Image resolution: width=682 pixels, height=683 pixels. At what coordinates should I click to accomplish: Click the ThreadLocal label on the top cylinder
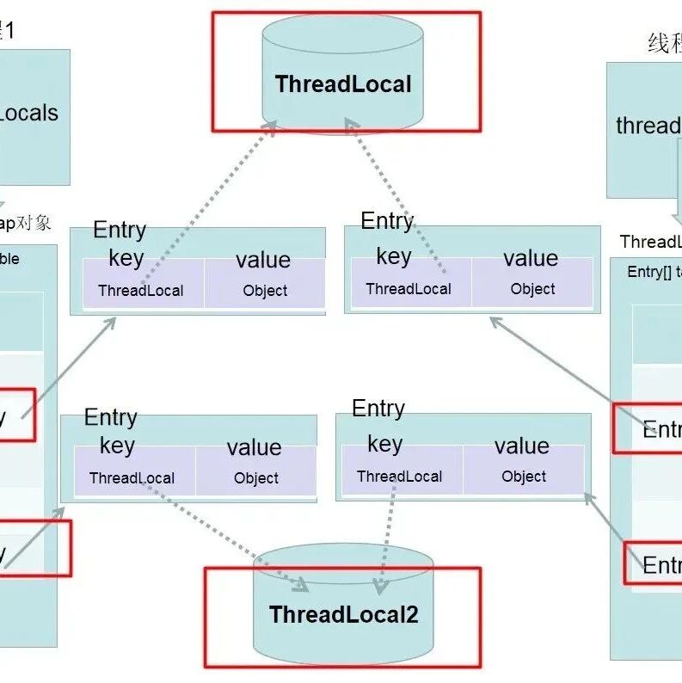coord(343,84)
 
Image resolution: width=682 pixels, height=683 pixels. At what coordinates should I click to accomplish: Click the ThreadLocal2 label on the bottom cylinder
coord(343,614)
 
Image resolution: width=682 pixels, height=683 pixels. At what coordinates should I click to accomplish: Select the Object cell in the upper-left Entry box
coord(265,291)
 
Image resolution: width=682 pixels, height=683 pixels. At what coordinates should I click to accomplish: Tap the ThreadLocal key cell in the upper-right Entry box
coord(409,289)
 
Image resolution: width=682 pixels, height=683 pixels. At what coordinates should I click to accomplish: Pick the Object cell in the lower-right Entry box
coord(524,477)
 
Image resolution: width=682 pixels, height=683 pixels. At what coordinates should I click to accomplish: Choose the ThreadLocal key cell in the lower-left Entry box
coord(132,478)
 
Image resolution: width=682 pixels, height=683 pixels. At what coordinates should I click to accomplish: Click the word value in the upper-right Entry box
coord(531,258)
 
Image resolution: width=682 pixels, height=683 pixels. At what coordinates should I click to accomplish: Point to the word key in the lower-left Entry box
coord(117,446)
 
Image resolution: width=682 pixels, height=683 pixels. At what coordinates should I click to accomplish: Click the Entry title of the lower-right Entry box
coord(378,409)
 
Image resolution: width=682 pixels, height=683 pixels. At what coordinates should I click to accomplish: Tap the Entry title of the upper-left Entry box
coord(120,230)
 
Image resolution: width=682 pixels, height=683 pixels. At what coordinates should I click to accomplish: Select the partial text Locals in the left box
coord(29,113)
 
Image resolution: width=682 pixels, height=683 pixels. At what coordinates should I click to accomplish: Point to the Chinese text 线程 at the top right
coord(664,44)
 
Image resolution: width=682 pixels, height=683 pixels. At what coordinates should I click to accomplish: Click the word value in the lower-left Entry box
coord(254,447)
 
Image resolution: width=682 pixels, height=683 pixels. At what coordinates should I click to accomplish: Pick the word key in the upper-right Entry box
coord(394,256)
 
